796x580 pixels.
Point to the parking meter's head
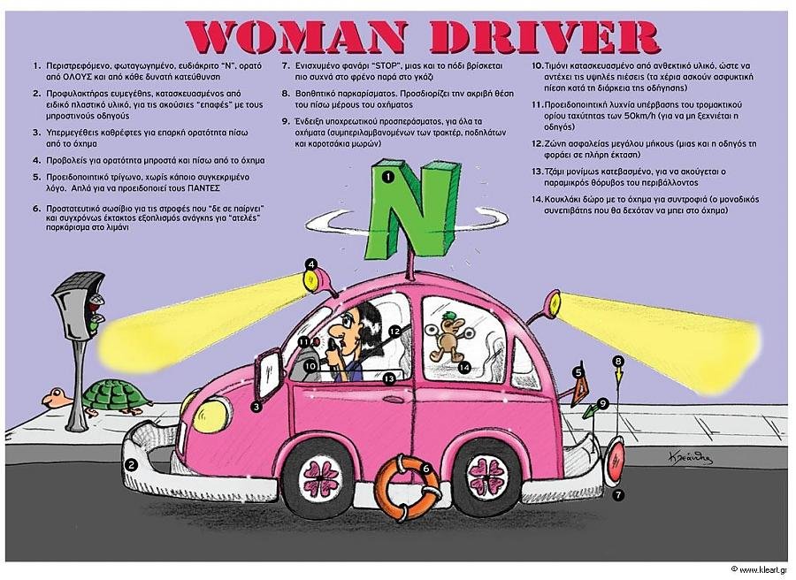pyautogui.click(x=81, y=304)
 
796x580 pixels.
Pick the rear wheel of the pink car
pyautogui.click(x=487, y=476)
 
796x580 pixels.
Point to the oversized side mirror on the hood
pyautogui.click(x=269, y=375)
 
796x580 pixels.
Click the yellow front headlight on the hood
pyautogui.click(x=210, y=416)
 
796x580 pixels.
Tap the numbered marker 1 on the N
pyautogui.click(x=388, y=177)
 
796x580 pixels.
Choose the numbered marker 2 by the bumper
pyautogui.click(x=132, y=465)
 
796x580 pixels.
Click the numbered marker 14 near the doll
pyautogui.click(x=464, y=366)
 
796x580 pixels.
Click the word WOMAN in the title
pyautogui.click(x=296, y=37)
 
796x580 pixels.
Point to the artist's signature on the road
pyautogui.click(x=690, y=457)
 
